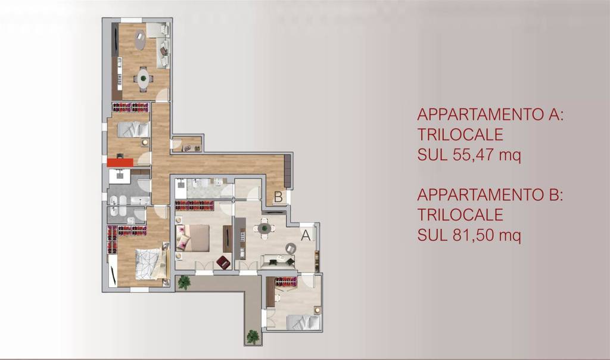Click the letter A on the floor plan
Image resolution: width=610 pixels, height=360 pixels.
point(306,235)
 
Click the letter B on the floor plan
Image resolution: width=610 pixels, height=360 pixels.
point(278,197)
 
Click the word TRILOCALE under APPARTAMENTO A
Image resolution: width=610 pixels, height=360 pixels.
point(460,135)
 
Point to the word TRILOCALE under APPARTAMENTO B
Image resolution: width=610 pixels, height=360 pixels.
point(460,215)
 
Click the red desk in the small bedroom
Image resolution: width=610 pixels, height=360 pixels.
point(120,162)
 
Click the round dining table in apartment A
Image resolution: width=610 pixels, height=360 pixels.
point(264,228)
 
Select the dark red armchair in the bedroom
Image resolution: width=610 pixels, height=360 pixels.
point(223,262)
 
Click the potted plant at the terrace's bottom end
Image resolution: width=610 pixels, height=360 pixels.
point(253,337)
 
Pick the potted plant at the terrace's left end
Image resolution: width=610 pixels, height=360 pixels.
point(183,282)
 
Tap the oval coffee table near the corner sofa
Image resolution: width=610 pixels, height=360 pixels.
point(140,40)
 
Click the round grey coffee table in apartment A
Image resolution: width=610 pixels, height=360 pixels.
point(291,248)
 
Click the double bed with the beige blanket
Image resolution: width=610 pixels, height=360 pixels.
point(193,237)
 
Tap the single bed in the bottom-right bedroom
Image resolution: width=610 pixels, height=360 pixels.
point(302,322)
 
